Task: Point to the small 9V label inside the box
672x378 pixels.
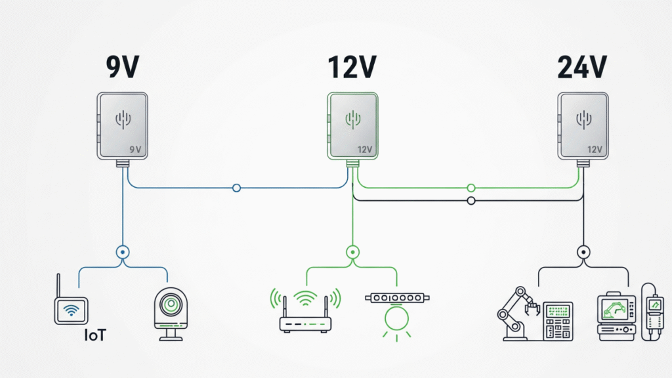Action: coord(136,150)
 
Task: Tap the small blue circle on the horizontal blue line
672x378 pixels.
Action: coord(237,188)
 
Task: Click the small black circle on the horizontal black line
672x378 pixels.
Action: coord(470,200)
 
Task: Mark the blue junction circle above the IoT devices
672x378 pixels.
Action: coord(122,251)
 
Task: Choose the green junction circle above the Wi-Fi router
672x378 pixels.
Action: coord(352,251)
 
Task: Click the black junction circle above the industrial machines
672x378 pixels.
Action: coord(582,251)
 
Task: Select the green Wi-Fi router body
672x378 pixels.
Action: coord(306,324)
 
